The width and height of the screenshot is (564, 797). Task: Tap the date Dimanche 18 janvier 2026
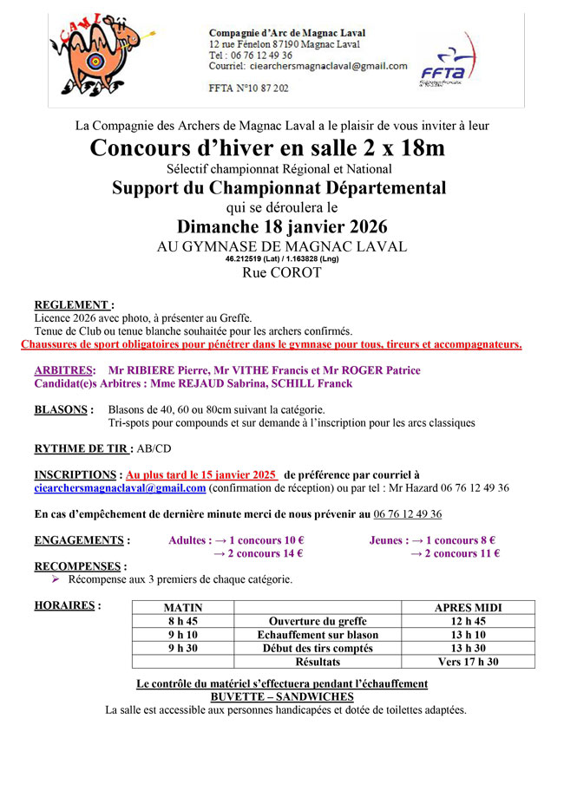click(x=281, y=227)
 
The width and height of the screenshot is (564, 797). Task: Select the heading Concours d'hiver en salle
click(x=267, y=148)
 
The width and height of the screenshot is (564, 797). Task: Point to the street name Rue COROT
click(x=281, y=272)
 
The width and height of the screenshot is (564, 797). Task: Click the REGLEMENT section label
click(x=74, y=305)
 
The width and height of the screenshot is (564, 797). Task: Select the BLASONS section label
click(x=63, y=409)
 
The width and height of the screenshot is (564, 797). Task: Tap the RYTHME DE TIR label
click(x=83, y=448)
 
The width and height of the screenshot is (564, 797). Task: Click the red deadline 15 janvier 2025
click(x=201, y=475)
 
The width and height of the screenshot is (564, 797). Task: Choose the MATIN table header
click(x=183, y=608)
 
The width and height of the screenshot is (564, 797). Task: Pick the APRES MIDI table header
click(x=469, y=608)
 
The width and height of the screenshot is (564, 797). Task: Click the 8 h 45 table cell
click(x=183, y=622)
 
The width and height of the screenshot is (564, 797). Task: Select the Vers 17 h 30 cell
click(x=469, y=662)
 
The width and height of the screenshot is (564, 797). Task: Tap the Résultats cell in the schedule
click(x=318, y=662)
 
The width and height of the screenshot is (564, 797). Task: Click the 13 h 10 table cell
click(x=469, y=635)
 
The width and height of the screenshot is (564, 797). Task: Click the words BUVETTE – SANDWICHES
click(x=282, y=696)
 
